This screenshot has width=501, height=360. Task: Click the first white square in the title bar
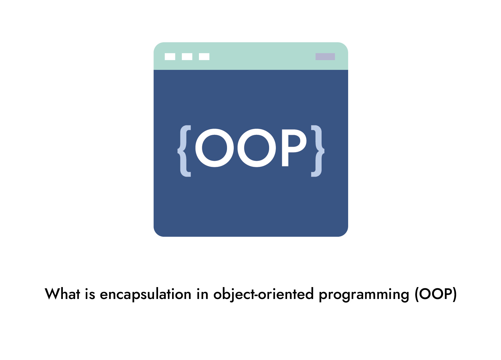170,56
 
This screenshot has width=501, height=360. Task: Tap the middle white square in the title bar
187,56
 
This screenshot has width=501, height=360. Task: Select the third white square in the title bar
204,56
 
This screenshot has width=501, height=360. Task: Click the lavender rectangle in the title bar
325,56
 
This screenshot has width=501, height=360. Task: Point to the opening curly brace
185,151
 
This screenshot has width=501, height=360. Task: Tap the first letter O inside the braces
215,148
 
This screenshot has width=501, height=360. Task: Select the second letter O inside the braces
257,148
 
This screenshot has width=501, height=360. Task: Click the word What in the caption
63,294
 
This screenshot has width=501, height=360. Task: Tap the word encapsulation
146,295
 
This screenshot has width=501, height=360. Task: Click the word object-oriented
263,295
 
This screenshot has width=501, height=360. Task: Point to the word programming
364,295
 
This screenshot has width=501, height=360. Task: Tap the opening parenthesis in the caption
416,294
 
